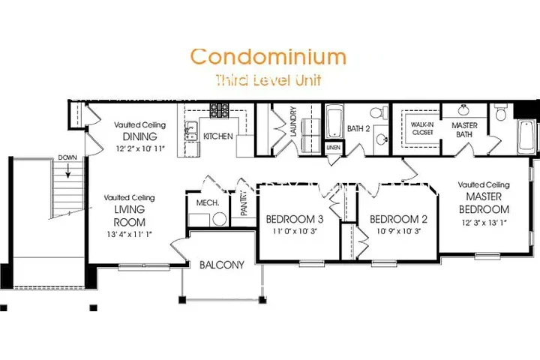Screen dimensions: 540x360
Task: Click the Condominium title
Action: (x=268, y=57)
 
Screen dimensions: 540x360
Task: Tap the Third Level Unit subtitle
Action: (x=268, y=80)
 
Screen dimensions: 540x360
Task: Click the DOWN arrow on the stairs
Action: (x=68, y=170)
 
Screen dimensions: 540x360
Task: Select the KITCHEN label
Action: (x=218, y=136)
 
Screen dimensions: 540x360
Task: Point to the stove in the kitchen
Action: (x=219, y=110)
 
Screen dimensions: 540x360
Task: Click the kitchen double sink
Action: (x=190, y=131)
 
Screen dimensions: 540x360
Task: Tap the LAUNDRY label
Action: (x=293, y=121)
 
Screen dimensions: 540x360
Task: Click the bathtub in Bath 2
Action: (x=334, y=122)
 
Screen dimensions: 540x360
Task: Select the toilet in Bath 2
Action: (x=379, y=112)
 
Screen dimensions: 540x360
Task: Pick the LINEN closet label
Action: (x=333, y=148)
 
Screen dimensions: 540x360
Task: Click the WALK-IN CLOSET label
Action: (x=422, y=128)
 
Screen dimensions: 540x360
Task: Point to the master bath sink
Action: (x=463, y=110)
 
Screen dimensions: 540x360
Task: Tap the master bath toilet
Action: (x=500, y=112)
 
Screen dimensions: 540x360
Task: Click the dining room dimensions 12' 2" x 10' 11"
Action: (x=140, y=148)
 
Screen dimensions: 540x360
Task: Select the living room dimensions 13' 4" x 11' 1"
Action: (x=130, y=235)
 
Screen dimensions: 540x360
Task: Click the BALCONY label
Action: (x=222, y=265)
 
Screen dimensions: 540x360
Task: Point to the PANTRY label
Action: (x=244, y=203)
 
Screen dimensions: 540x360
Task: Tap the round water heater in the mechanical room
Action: (x=219, y=219)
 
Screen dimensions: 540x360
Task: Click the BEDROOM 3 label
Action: (x=295, y=219)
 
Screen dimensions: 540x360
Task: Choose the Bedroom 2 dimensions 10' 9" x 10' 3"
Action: (x=398, y=231)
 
